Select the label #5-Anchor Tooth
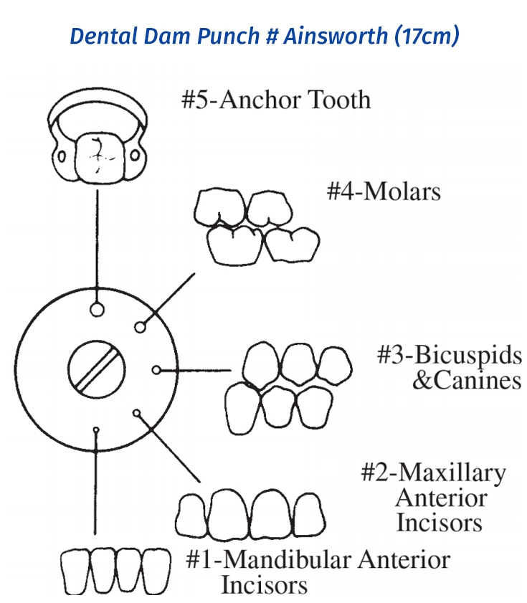pyautogui.click(x=276, y=99)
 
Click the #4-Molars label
pyautogui.click(x=384, y=191)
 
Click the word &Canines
pyautogui.click(x=467, y=380)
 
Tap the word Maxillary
pyautogui.click(x=452, y=473)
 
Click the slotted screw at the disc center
pyautogui.click(x=96, y=366)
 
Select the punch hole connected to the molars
pyautogui.click(x=141, y=328)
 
